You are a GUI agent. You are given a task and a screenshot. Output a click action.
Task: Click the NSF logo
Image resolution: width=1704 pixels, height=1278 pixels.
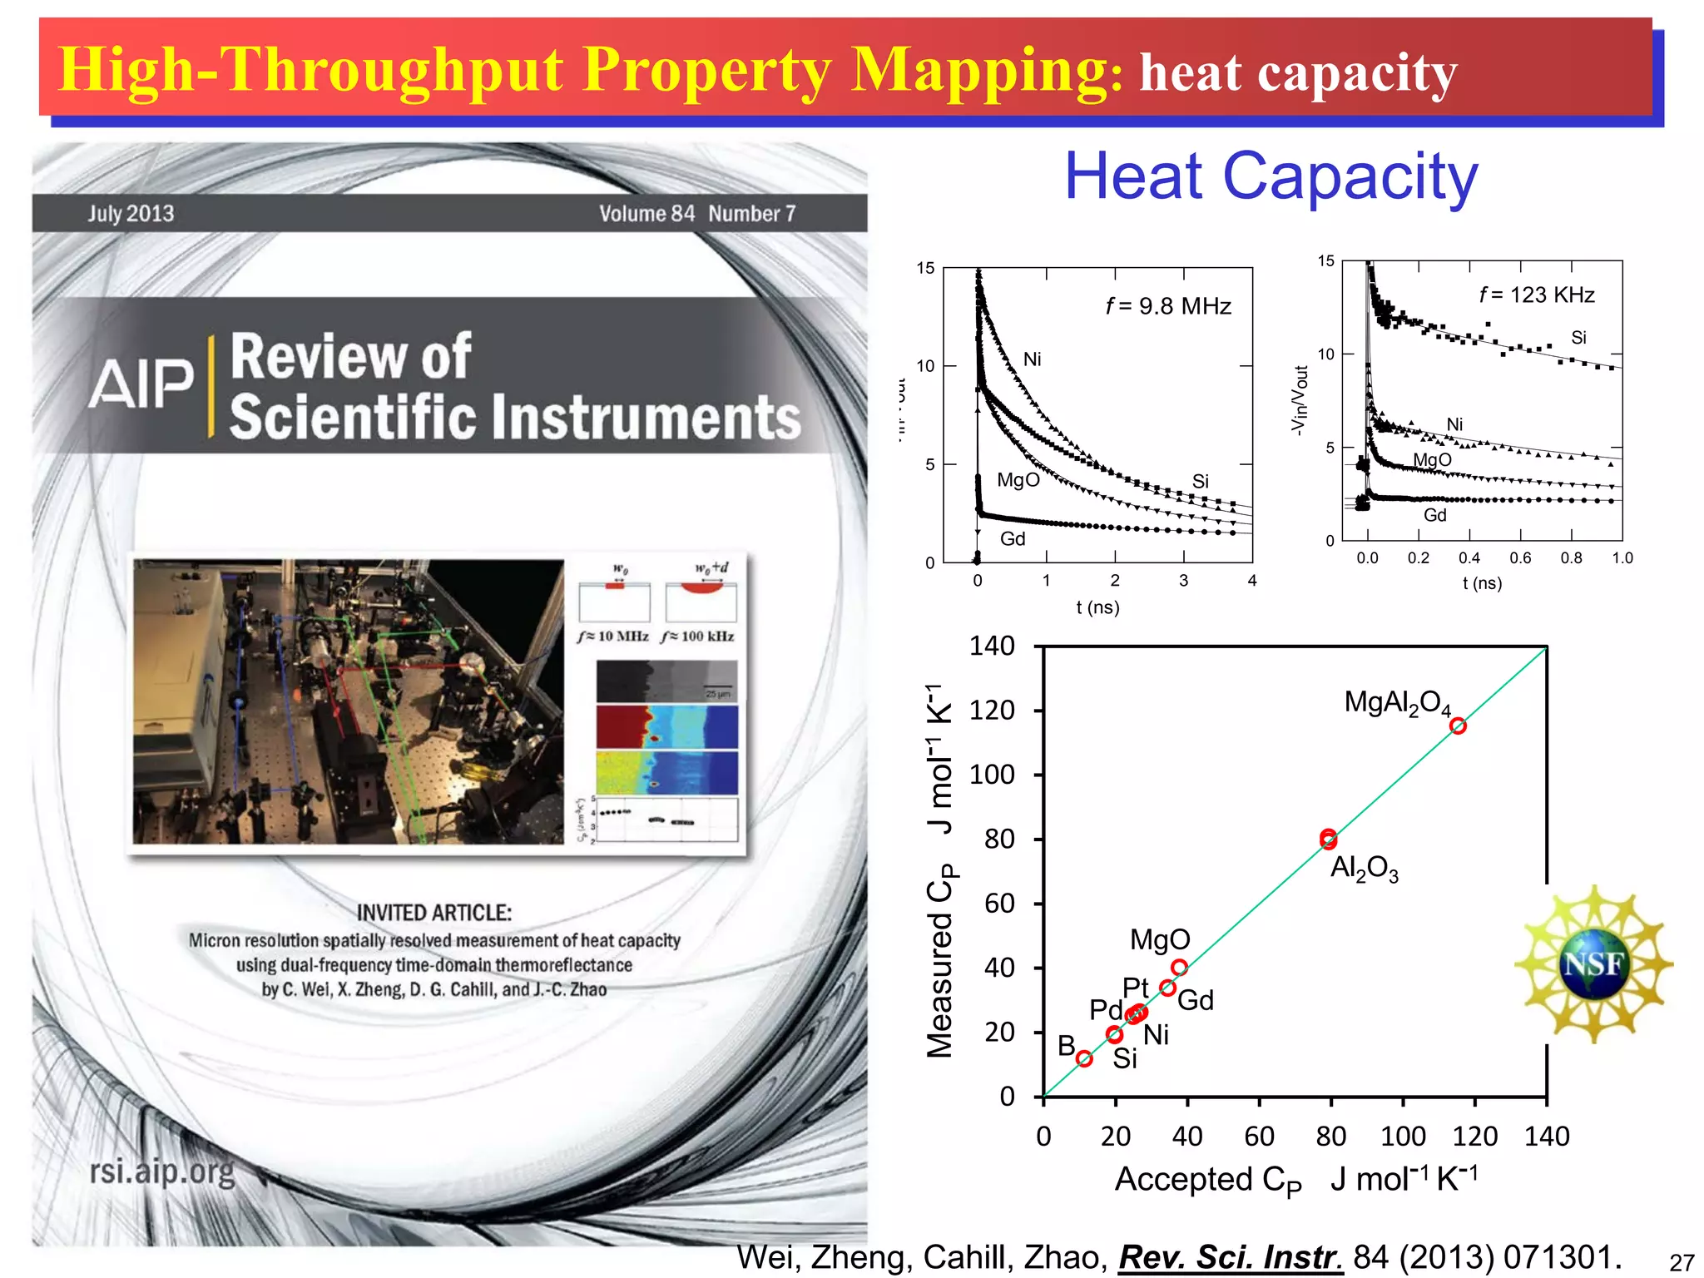1593,964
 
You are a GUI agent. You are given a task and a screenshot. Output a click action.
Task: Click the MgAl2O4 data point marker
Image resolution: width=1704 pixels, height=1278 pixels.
1458,726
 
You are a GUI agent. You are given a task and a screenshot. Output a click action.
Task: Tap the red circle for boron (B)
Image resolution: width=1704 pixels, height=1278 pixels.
1084,1058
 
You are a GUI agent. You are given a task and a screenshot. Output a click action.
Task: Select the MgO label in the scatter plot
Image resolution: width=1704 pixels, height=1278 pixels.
1160,940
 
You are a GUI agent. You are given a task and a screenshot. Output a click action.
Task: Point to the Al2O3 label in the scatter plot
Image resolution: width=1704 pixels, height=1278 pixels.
1364,869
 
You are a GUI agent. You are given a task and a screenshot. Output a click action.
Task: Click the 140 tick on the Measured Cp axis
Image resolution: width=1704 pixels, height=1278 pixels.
992,646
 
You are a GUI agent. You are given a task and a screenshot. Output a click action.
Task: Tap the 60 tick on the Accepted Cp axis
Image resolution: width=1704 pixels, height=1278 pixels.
1259,1136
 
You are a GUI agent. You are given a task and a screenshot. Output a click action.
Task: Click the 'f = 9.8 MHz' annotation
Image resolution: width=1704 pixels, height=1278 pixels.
1168,306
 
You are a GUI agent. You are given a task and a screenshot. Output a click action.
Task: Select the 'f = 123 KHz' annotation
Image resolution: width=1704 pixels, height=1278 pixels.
1536,295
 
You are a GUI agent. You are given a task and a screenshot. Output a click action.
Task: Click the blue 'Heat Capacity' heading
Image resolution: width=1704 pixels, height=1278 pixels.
1271,176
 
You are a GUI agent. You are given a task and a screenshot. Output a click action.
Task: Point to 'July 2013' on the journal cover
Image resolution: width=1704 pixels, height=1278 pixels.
131,214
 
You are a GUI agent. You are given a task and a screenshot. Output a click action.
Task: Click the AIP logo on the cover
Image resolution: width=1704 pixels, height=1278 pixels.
141,384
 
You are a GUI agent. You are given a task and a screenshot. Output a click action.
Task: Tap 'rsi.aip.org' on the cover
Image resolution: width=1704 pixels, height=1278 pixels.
162,1171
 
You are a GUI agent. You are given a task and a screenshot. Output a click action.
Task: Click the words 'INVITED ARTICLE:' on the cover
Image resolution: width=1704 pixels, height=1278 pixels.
434,913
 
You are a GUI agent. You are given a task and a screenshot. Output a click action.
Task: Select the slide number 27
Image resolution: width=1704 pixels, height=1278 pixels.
1682,1262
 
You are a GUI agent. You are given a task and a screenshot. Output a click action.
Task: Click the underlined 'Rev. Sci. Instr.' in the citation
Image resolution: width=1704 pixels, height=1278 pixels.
1231,1256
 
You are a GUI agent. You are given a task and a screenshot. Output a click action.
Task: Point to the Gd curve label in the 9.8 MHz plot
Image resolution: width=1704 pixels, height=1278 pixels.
1013,539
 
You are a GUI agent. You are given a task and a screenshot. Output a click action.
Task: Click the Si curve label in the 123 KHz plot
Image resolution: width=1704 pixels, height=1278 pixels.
1578,338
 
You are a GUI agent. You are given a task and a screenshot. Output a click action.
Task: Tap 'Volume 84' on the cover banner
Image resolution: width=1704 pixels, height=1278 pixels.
646,214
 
